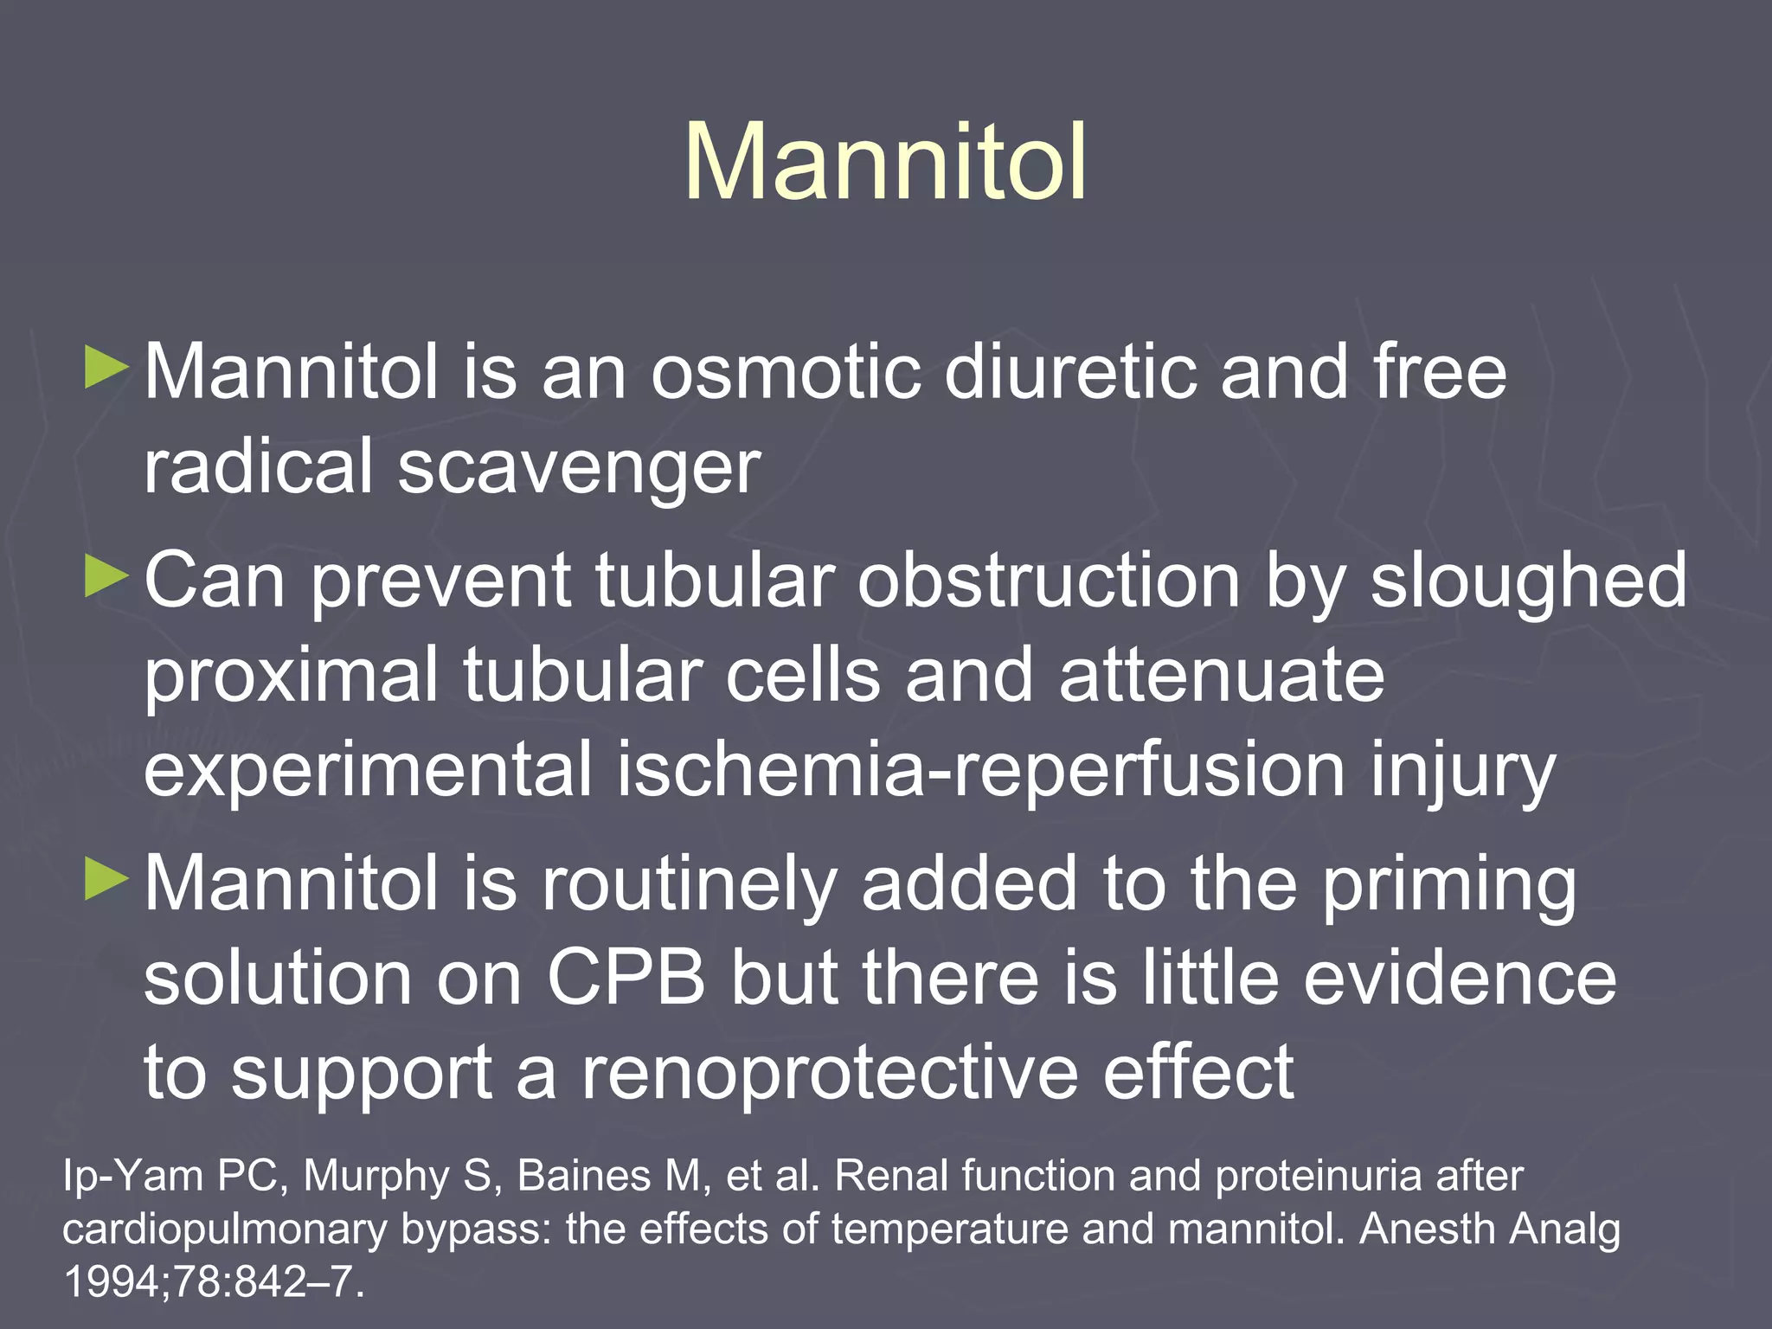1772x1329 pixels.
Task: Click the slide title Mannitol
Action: (x=884, y=163)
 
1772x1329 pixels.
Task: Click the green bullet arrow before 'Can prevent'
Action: (x=106, y=576)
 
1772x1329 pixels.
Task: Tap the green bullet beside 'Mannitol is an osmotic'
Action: (x=106, y=368)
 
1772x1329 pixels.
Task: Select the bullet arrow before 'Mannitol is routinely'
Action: (x=106, y=880)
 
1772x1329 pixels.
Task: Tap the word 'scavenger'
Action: (x=579, y=469)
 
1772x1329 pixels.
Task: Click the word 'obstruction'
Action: (x=1049, y=581)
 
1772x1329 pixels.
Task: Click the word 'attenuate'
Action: (x=1221, y=676)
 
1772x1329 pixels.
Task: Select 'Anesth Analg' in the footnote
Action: (x=1490, y=1229)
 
